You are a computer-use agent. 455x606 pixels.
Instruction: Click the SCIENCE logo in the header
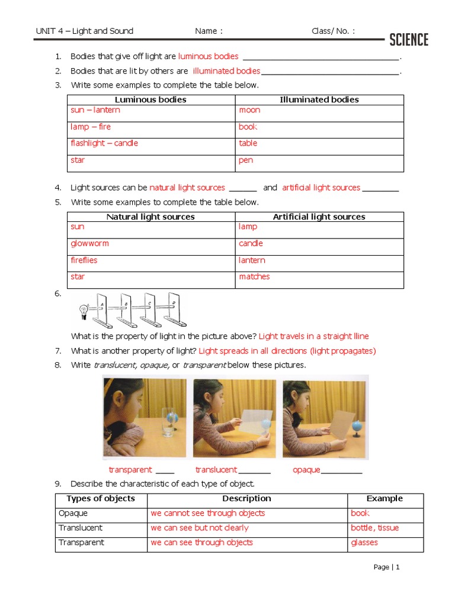pyautogui.click(x=408, y=40)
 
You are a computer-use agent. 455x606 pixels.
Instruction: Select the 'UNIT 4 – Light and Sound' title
pyautogui.click(x=85, y=31)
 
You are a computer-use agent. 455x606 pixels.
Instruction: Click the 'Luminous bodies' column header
pyautogui.click(x=150, y=99)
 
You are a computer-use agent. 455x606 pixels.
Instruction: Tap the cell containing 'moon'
pyautogui.click(x=249, y=110)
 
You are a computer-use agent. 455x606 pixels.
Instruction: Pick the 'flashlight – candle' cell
pyautogui.click(x=104, y=143)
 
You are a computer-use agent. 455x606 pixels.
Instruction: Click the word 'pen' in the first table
pyautogui.click(x=246, y=160)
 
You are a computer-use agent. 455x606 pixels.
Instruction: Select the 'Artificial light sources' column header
pyautogui.click(x=319, y=217)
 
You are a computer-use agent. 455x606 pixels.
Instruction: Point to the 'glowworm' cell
pyautogui.click(x=90, y=243)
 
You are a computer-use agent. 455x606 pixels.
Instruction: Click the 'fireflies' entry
pyautogui.click(x=84, y=260)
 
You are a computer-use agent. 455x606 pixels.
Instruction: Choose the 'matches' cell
pyautogui.click(x=254, y=276)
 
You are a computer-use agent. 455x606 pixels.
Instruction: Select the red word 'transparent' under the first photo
pyautogui.click(x=130, y=470)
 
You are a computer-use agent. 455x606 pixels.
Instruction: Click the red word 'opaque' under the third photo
pyautogui.click(x=306, y=470)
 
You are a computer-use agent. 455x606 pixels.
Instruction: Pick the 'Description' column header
pyautogui.click(x=246, y=499)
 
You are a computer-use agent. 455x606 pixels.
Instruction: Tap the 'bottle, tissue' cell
pyautogui.click(x=374, y=528)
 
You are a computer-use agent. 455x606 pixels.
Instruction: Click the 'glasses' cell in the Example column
pyautogui.click(x=364, y=543)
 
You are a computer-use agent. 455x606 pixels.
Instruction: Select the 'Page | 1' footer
pyautogui.click(x=387, y=567)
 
